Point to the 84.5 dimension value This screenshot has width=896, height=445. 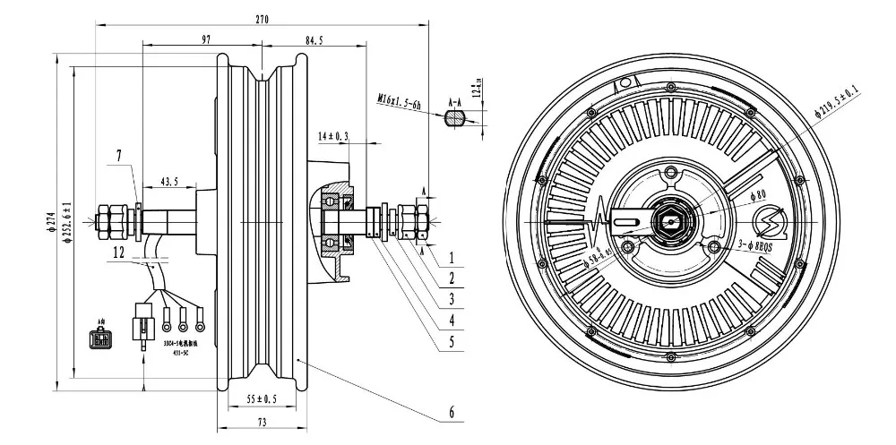pos(314,39)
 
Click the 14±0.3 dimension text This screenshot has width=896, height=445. pos(332,136)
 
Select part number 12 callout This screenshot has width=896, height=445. pos(119,253)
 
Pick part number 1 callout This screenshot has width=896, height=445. pos(452,255)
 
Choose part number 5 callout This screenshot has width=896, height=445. pos(452,341)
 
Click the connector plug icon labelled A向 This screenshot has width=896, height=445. pos(99,340)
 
